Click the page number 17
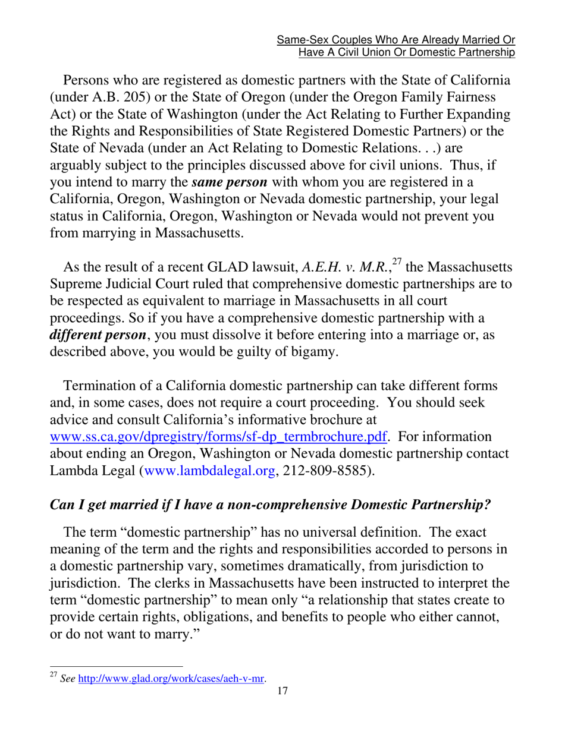point(282,690)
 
